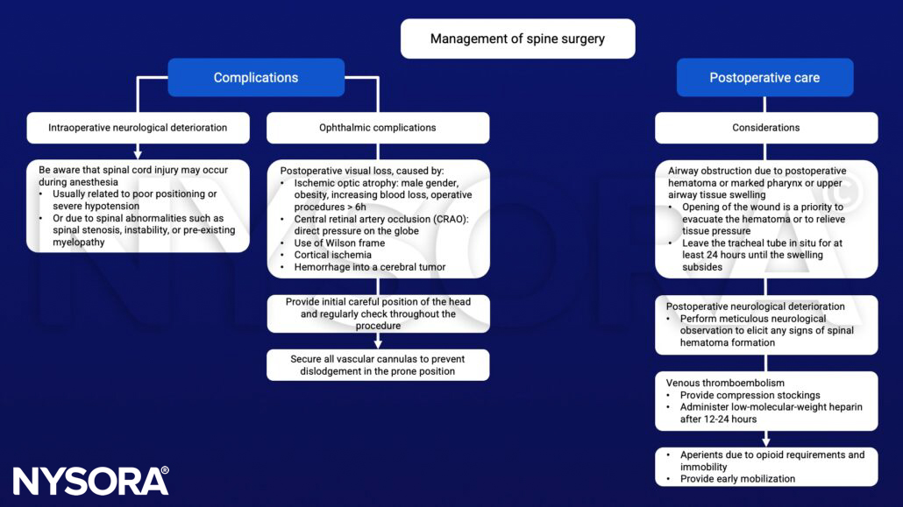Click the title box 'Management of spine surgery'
(x=517, y=39)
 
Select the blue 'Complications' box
(x=256, y=78)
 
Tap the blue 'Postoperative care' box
(x=764, y=78)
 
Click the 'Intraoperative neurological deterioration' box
(x=137, y=128)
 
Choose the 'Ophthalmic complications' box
(x=378, y=128)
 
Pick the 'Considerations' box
(x=765, y=128)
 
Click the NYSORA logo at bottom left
(x=90, y=481)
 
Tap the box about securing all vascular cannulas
(x=378, y=365)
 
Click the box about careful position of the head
(x=378, y=313)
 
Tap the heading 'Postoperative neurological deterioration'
(x=756, y=306)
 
